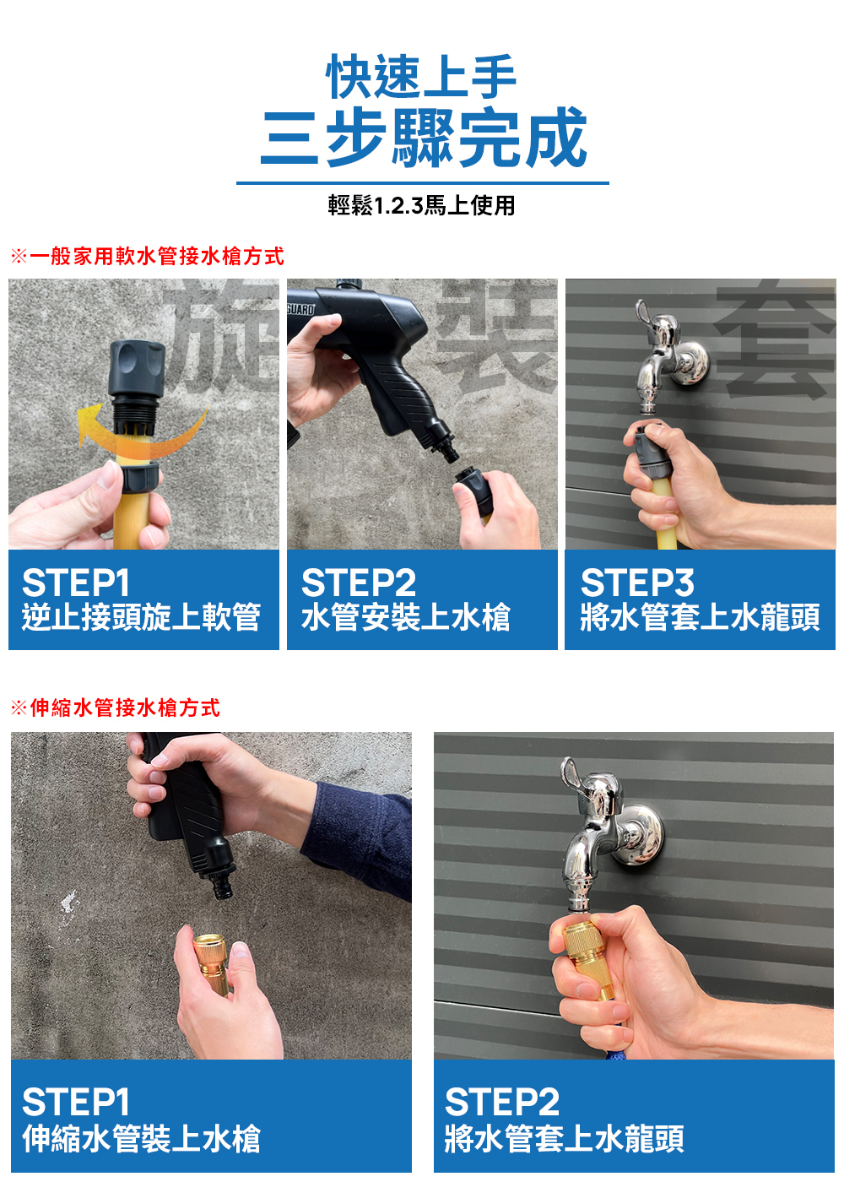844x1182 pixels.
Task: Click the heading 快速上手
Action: click(x=421, y=77)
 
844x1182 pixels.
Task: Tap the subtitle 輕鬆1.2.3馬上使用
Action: click(x=421, y=205)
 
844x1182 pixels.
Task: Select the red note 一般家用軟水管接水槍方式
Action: click(x=157, y=257)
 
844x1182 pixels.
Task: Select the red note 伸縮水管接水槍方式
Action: click(x=125, y=708)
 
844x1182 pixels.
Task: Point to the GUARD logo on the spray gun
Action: click(x=301, y=310)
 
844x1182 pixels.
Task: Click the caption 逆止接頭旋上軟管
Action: click(x=142, y=617)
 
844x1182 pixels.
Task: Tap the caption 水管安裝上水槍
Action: click(x=406, y=617)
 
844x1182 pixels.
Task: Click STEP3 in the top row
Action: click(x=637, y=583)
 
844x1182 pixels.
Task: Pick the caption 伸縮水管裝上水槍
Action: click(x=142, y=1139)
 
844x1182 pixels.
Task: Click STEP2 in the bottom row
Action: click(x=501, y=1102)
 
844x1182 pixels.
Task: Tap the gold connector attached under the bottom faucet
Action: click(x=588, y=957)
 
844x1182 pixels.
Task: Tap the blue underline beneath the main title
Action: click(x=423, y=183)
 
